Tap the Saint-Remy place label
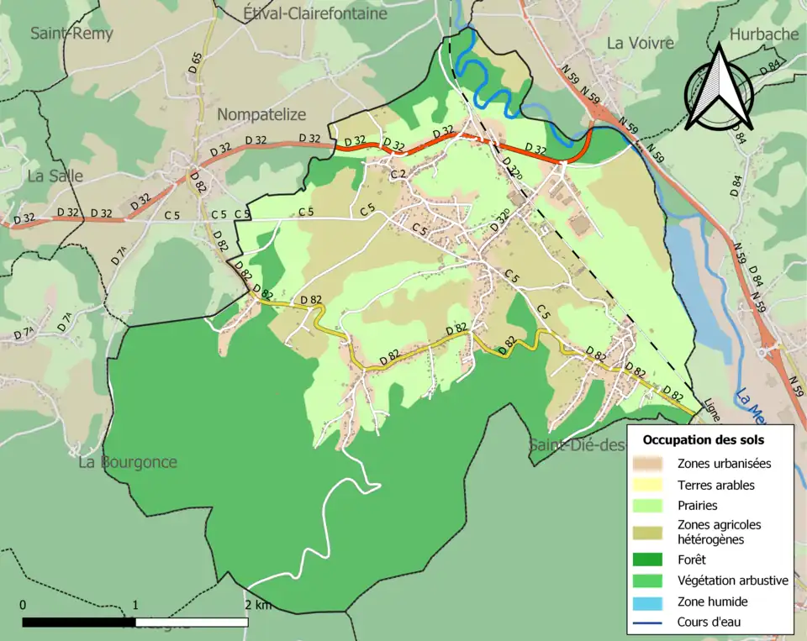click(x=71, y=34)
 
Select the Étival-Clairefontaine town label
click(x=315, y=13)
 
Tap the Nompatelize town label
click(x=261, y=114)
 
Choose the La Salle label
click(x=55, y=176)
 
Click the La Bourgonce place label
click(x=128, y=462)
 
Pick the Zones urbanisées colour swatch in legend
click(x=650, y=463)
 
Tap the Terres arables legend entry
click(x=715, y=485)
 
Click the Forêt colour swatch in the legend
click(x=650, y=559)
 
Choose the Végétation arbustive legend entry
click(x=732, y=580)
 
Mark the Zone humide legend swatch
click(x=650, y=602)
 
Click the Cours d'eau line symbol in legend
click(x=650, y=623)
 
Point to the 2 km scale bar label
click(x=258, y=605)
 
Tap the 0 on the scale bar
click(x=23, y=605)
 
